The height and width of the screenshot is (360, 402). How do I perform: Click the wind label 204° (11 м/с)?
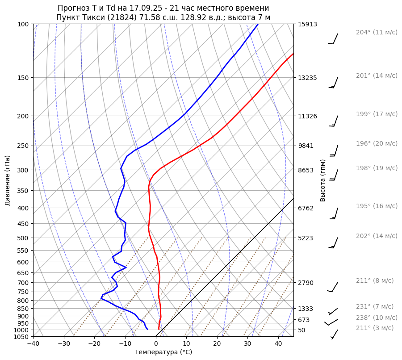point(377,32)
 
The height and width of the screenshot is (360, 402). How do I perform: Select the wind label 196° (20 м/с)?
point(377,143)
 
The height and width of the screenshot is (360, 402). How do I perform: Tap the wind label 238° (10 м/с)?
point(377,318)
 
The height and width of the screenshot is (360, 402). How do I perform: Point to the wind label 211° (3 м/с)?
point(375,328)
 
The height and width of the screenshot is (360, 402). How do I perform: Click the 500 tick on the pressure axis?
point(24,238)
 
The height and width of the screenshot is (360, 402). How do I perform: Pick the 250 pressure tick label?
point(24,146)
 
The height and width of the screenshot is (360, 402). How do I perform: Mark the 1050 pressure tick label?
point(22,337)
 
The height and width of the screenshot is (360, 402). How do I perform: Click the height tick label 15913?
point(307,24)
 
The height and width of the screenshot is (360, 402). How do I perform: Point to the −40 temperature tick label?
point(33,343)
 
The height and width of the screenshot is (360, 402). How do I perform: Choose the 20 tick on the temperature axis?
point(217,343)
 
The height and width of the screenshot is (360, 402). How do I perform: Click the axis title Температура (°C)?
point(163,352)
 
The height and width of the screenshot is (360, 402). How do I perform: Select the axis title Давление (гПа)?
point(8,180)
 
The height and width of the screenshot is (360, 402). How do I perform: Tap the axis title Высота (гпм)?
point(323,180)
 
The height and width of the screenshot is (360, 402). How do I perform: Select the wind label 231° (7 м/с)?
point(375,306)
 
